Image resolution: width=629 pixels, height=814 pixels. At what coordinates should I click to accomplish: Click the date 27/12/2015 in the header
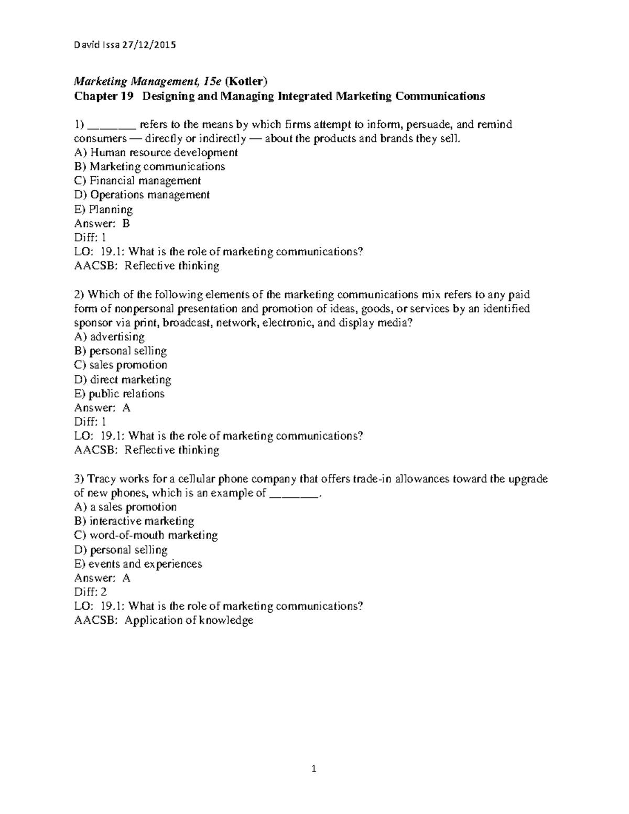click(149, 45)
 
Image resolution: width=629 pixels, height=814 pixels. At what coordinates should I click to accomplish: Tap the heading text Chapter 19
click(104, 96)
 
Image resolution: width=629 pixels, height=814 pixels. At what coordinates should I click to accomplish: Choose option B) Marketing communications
click(150, 167)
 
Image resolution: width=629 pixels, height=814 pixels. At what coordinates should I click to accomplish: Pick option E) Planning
click(103, 210)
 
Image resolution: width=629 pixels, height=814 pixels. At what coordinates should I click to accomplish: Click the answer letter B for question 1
click(126, 224)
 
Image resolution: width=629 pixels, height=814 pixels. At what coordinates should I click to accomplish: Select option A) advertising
click(110, 337)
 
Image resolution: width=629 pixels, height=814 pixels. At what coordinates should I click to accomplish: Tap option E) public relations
click(120, 394)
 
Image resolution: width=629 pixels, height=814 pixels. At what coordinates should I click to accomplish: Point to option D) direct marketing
click(123, 379)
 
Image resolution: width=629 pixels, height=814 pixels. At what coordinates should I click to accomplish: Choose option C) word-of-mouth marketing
click(146, 536)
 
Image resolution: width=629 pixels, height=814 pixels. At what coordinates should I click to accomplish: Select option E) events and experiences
click(138, 564)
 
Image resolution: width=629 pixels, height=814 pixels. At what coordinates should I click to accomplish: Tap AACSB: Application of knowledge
click(164, 621)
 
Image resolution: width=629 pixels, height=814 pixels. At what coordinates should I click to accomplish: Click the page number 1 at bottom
click(314, 769)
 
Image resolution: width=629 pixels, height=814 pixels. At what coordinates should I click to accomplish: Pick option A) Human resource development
click(156, 153)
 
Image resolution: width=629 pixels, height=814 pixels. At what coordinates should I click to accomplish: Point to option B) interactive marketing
click(135, 522)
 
